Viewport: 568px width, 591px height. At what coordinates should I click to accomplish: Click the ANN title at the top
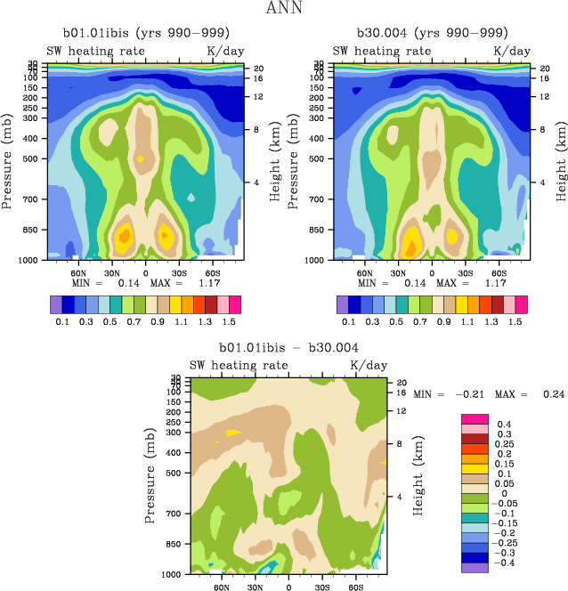[x=284, y=9]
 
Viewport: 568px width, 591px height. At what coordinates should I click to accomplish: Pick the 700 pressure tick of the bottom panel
[x=175, y=514]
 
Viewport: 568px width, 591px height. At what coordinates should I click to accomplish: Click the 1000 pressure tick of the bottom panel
[x=173, y=574]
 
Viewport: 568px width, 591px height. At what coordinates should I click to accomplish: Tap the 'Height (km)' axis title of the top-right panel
[x=563, y=162]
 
